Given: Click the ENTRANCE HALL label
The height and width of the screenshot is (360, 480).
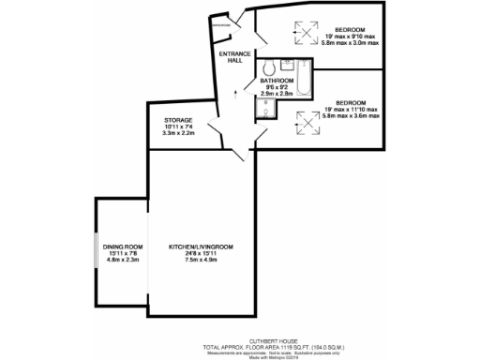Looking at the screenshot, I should [234, 57].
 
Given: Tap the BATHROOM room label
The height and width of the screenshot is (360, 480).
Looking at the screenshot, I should [277, 82].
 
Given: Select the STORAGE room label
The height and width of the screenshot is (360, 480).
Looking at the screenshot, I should [179, 121].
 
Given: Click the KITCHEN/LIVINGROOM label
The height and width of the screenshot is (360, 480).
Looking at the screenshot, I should [201, 246].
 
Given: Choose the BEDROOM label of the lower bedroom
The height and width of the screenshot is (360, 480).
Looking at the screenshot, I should [351, 102].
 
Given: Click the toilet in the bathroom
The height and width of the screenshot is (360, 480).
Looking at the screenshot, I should [268, 67].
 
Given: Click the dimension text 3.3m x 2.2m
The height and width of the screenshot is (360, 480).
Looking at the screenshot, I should [179, 135].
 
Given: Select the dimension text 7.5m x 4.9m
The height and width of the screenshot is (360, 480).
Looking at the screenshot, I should [201, 260].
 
